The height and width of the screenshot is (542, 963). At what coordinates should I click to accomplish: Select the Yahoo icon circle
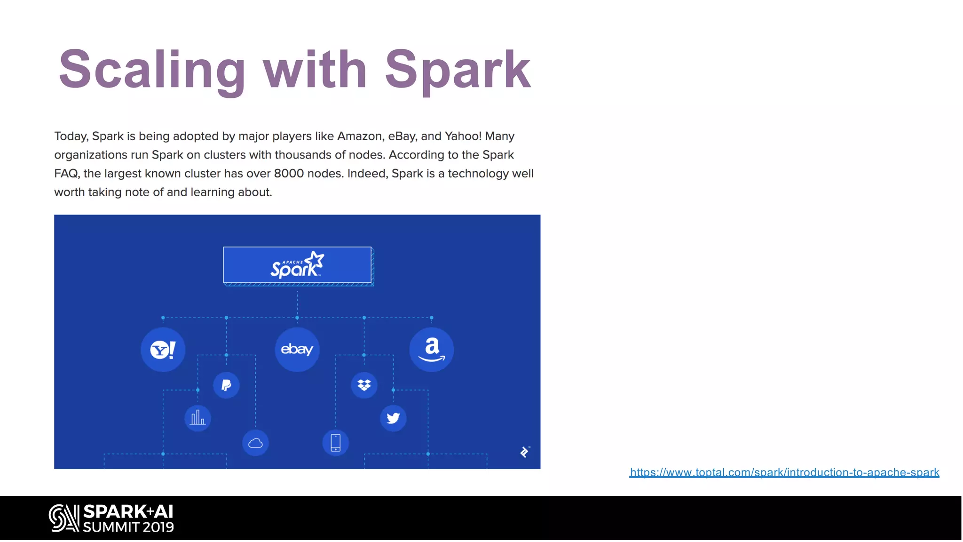163,350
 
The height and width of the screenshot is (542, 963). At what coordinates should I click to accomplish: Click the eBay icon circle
297,350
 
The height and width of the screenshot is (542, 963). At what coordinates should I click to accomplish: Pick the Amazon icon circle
431,350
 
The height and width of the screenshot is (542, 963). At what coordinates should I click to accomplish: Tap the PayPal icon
226,385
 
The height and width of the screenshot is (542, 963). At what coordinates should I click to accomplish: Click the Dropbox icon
364,385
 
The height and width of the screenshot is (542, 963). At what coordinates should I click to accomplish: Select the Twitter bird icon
393,418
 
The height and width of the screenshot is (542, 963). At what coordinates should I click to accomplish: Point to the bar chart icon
197,418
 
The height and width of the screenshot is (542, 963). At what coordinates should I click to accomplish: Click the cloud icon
255,443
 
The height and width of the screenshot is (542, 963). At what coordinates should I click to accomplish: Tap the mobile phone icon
335,443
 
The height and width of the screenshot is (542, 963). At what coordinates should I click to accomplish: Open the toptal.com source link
784,472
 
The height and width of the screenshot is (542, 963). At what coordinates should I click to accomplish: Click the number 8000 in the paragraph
289,174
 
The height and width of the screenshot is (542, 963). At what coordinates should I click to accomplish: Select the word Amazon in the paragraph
360,136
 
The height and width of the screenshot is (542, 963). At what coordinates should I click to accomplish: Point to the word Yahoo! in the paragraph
463,136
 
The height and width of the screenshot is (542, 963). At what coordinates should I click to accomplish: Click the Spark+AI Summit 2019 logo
111,518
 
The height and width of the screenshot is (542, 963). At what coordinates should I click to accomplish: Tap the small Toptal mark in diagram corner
525,452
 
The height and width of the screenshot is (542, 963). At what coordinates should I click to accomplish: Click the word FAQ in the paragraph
66,174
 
